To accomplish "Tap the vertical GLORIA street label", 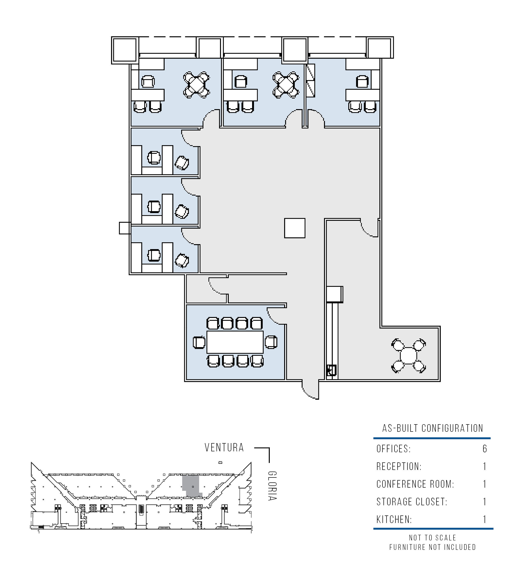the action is click(x=272, y=486).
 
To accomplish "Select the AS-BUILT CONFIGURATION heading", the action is click(x=433, y=428).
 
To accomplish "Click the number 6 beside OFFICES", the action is click(x=485, y=449).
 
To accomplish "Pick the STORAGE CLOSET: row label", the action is click(x=412, y=502).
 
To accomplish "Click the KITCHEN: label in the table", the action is click(x=394, y=520).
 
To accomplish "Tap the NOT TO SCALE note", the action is click(x=433, y=538).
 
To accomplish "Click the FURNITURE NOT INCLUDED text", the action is click(x=433, y=547).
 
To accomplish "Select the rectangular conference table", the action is click(x=235, y=342).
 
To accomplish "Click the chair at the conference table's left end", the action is click(x=199, y=342).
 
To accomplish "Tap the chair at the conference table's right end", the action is click(x=271, y=342).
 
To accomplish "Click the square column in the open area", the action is click(x=295, y=228).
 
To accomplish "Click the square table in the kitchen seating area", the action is click(x=408, y=356).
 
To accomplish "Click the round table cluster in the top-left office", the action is click(x=196, y=85).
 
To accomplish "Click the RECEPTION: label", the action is click(x=399, y=466).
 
